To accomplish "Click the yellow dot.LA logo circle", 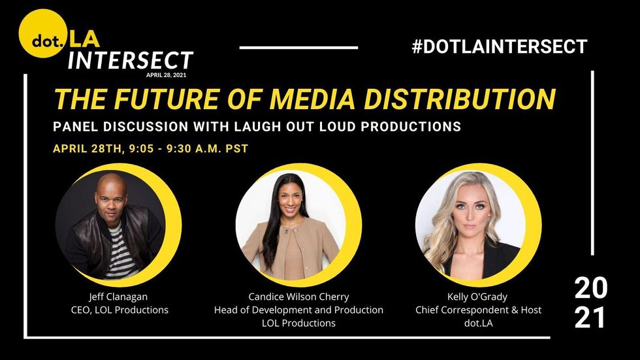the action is [43, 33].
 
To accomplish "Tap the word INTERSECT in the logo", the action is [130, 61].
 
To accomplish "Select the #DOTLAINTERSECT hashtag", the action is [500, 46].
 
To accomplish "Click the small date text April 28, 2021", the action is [166, 75].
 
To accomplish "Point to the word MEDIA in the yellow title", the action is [313, 99].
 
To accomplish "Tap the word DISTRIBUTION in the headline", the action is [460, 99].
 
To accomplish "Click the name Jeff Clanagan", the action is [118, 297].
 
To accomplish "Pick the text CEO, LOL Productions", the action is [120, 310].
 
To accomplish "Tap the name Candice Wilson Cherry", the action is [299, 297].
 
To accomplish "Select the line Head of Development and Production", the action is [299, 310].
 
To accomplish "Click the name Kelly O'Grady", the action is [477, 297].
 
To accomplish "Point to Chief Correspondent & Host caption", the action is [478, 310].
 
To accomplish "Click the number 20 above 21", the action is [590, 287].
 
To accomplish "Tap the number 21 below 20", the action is [590, 318].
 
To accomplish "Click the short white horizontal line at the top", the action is [299, 48].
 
